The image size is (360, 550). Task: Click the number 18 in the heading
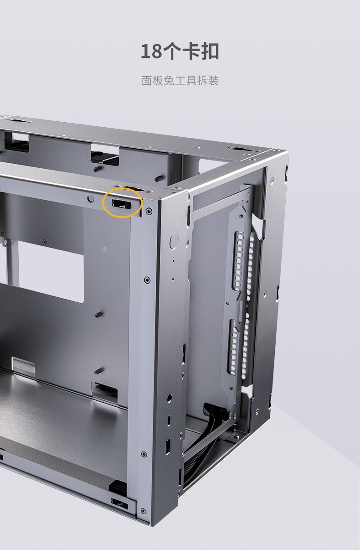[x=151, y=52]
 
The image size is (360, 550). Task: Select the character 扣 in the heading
[x=210, y=52]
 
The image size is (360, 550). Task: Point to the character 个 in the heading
[x=171, y=52]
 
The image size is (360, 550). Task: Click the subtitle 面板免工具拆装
[x=180, y=81]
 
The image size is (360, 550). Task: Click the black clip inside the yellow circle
[x=122, y=204]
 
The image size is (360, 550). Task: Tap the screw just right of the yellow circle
[x=149, y=210]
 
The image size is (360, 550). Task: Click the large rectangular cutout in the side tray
[x=51, y=271]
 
